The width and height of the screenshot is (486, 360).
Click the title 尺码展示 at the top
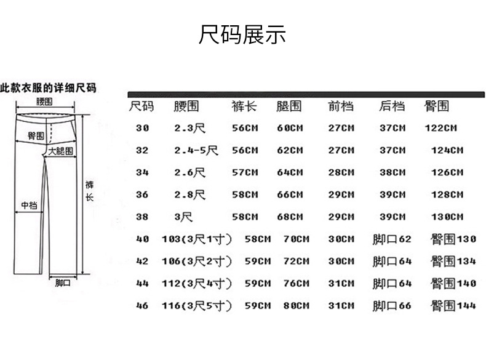pyautogui.click(x=242, y=34)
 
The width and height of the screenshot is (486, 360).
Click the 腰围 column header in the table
pyautogui.click(x=186, y=106)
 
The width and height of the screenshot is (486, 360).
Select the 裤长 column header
pyautogui.click(x=244, y=106)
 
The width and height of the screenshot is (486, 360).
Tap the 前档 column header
pyautogui.click(x=341, y=106)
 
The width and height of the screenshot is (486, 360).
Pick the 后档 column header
pyautogui.click(x=392, y=106)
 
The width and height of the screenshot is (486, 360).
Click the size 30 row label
pyautogui.click(x=143, y=128)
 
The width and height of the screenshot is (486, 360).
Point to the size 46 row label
pyautogui.click(x=143, y=305)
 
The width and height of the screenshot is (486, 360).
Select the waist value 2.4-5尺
pyautogui.click(x=196, y=150)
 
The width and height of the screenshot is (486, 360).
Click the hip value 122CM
pyautogui.click(x=441, y=128)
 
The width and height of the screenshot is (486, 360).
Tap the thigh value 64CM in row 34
pyautogui.click(x=290, y=172)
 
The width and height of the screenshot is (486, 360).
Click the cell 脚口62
pyautogui.click(x=392, y=239)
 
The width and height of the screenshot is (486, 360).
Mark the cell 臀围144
pyautogui.click(x=453, y=305)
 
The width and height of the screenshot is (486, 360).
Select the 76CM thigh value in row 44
pyautogui.click(x=296, y=283)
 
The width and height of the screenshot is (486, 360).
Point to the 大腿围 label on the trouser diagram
pyautogui.click(x=60, y=151)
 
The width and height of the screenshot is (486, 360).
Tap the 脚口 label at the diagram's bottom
pyautogui.click(x=63, y=284)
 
